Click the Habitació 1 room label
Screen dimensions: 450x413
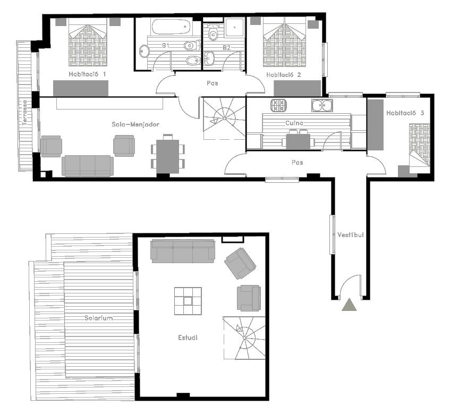point(87,74)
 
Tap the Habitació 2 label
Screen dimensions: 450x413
point(284,75)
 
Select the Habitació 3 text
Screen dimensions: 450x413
point(405,113)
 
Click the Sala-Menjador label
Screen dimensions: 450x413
point(135,124)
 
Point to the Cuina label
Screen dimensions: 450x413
point(294,123)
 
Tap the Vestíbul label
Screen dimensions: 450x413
point(351,234)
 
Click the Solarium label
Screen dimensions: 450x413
point(98,318)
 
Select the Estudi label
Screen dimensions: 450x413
point(188,338)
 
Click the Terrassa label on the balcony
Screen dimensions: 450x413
point(25,113)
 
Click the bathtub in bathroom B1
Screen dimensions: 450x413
point(171,27)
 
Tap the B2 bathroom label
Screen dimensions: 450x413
point(227,48)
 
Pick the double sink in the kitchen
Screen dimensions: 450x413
point(322,105)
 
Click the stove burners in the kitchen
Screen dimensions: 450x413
point(278,105)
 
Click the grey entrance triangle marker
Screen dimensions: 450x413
point(349,305)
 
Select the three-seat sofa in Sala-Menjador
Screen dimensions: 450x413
point(88,166)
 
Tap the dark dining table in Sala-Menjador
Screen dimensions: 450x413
point(167,156)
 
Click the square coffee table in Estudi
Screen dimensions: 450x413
point(188,301)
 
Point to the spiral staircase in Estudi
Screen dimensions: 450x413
point(244,338)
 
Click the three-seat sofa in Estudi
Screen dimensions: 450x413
point(183,251)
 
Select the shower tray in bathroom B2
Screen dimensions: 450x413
point(234,28)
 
